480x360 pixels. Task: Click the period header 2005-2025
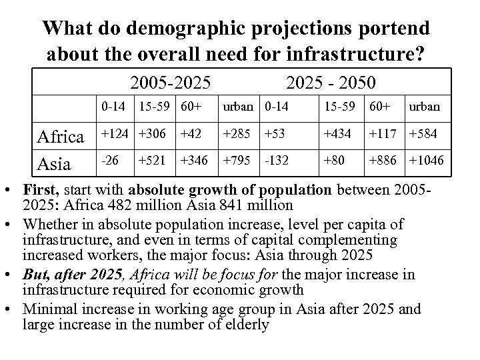pyautogui.click(x=171, y=83)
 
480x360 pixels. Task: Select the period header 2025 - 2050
pyautogui.click(x=330, y=83)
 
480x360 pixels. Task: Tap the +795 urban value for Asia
pyautogui.click(x=236, y=160)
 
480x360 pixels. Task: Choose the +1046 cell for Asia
pyautogui.click(x=427, y=160)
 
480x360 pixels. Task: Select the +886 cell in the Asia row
pyautogui.click(x=384, y=160)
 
